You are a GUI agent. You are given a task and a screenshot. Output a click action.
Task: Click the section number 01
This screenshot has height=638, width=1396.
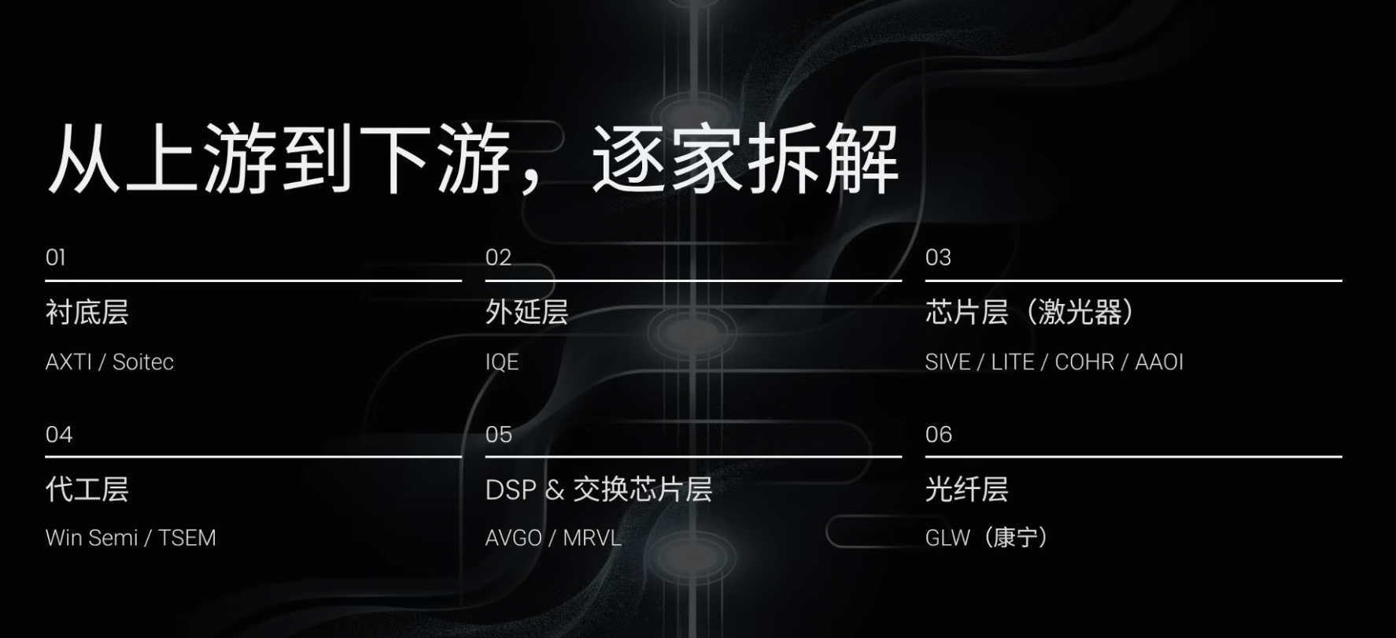click(x=56, y=258)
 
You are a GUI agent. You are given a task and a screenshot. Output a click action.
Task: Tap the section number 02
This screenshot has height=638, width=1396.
click(x=498, y=258)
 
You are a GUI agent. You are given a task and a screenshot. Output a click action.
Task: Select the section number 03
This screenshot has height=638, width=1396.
click(x=938, y=258)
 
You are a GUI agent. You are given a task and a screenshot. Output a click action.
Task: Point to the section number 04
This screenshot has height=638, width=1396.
click(x=59, y=434)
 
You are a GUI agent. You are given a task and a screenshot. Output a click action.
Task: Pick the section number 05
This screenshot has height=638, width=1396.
click(x=499, y=434)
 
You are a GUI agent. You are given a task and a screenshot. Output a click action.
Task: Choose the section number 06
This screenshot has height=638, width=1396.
click(x=939, y=434)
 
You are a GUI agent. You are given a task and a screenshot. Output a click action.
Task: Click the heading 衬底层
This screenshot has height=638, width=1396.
click(x=87, y=313)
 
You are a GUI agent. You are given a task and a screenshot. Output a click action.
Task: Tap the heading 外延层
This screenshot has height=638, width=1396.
click(x=526, y=313)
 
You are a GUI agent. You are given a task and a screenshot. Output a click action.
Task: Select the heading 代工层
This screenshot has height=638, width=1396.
click(x=87, y=489)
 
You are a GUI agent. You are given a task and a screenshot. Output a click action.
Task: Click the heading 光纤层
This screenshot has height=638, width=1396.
click(x=966, y=489)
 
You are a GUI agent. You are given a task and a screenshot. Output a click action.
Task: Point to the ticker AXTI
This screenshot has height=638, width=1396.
click(x=68, y=362)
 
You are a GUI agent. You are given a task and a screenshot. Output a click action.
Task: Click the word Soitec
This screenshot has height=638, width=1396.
click(x=143, y=362)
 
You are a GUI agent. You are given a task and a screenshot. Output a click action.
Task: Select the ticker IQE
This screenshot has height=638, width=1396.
click(x=502, y=362)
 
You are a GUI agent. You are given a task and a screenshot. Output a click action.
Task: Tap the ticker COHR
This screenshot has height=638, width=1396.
click(x=1084, y=362)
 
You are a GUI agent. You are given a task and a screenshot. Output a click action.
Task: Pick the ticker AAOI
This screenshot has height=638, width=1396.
click(x=1159, y=362)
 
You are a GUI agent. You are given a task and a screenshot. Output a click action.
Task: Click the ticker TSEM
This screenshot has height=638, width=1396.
click(x=187, y=538)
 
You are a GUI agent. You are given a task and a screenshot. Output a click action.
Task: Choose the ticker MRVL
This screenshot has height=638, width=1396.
click(x=592, y=538)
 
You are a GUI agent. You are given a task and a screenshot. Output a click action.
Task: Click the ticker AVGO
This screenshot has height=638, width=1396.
click(x=514, y=538)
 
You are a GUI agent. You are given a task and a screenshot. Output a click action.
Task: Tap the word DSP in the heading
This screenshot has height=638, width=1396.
click(x=511, y=490)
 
